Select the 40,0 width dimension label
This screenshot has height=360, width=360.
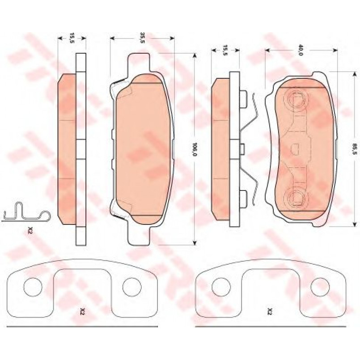(x=301, y=50)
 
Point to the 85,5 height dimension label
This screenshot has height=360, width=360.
(x=355, y=149)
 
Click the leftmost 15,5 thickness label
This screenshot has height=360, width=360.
(x=72, y=38)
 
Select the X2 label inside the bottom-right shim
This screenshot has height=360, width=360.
(x=270, y=312)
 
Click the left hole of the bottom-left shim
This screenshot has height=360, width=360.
(x=33, y=287)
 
